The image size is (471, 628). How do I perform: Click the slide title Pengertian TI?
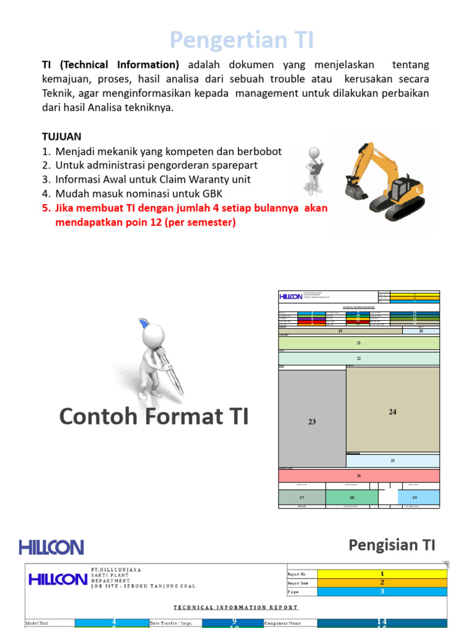242,40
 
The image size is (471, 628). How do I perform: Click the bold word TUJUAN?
61,136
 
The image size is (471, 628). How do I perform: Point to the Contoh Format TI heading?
154,416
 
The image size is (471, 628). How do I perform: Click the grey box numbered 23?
312,421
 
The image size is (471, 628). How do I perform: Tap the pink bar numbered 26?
359,475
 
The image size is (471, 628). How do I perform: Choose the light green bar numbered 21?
359,343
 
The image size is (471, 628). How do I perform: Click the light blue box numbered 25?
392,461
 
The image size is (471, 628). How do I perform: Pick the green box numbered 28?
352,497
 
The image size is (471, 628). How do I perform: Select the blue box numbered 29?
415,497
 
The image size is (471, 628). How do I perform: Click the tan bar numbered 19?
340,331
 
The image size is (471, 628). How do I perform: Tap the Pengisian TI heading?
392,545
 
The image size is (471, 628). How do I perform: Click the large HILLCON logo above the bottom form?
51,547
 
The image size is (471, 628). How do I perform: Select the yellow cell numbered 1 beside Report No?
382,573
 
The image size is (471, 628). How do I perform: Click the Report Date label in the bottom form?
301,583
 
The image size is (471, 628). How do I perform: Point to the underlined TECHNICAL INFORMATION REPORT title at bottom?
236,608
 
